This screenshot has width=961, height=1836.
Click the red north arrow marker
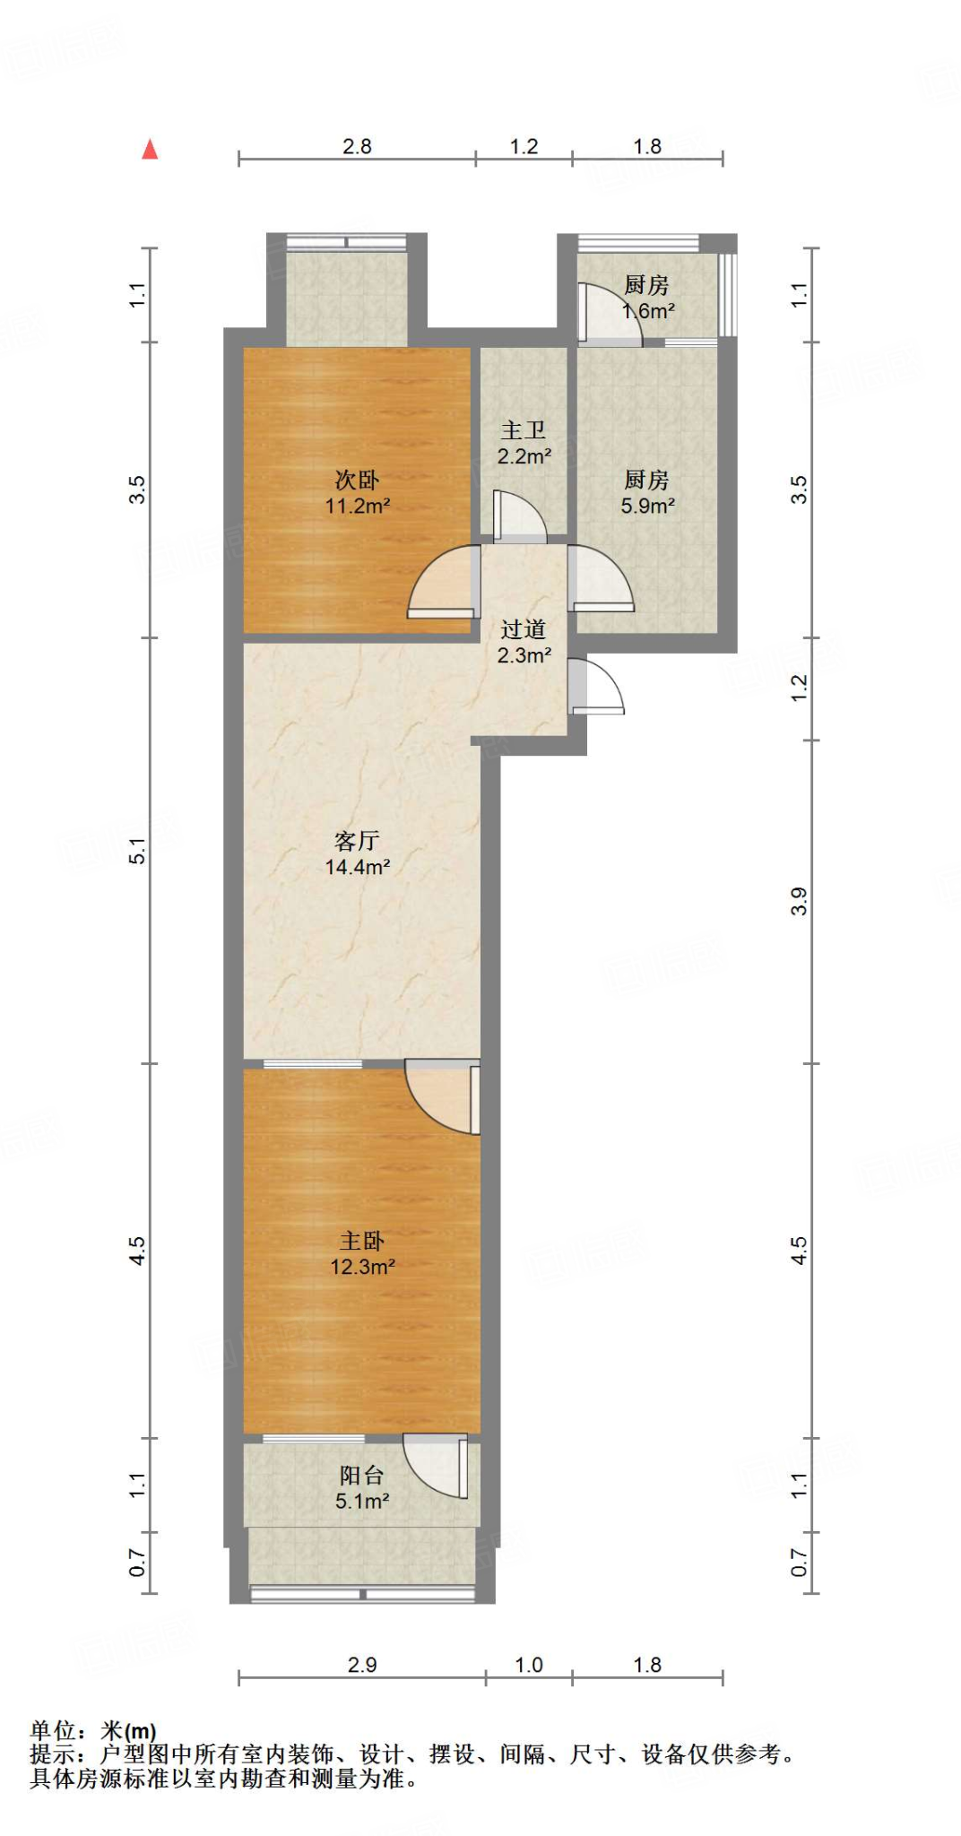(x=150, y=150)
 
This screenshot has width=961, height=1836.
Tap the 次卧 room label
(x=357, y=481)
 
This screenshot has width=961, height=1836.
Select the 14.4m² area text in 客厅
(x=357, y=867)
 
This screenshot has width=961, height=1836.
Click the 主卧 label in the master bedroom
(x=361, y=1241)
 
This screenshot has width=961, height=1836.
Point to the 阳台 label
(x=361, y=1475)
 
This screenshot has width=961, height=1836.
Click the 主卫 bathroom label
(x=524, y=431)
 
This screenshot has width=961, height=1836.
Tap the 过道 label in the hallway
(x=524, y=629)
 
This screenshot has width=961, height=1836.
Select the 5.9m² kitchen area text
(x=647, y=506)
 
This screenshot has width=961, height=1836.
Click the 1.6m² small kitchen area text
(x=649, y=311)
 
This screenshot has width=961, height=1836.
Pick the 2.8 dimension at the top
(x=357, y=146)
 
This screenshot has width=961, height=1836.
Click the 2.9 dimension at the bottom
(x=361, y=1665)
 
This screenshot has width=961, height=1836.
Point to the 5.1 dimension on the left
(x=136, y=851)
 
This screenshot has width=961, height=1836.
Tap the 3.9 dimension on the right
(x=799, y=901)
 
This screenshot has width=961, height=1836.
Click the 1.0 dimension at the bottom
(x=529, y=1665)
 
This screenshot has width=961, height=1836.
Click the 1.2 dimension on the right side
(x=799, y=688)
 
